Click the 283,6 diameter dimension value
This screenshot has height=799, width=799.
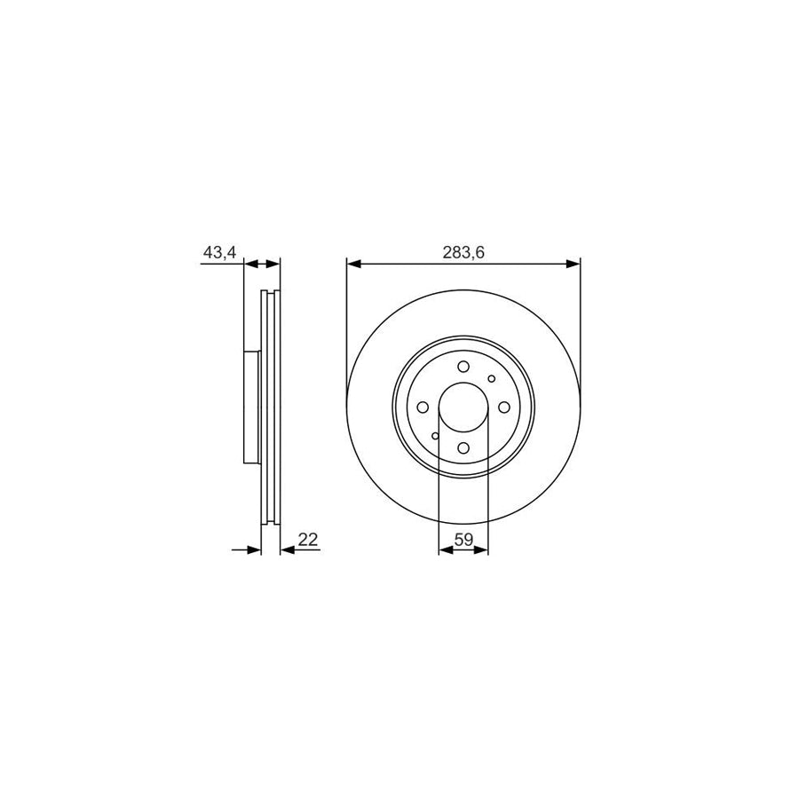tap(463, 253)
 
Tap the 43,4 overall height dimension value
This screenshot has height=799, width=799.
tap(219, 253)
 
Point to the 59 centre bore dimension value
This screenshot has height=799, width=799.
tap(463, 539)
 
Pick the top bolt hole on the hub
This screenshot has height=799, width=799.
tap(463, 368)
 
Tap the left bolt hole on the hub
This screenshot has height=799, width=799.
tap(424, 407)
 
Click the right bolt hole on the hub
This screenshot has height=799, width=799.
tap(503, 407)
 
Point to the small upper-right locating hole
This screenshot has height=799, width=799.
tap(492, 379)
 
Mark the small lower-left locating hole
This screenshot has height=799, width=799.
tap(435, 436)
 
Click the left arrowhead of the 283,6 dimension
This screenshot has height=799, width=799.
tap(352, 264)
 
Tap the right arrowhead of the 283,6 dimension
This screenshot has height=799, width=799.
tap(574, 264)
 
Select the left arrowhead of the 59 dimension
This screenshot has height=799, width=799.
tap(445, 550)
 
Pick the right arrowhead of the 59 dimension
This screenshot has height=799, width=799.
tap(483, 550)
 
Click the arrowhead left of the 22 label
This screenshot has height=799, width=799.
tap(286, 550)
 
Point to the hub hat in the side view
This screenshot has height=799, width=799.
tap(250, 407)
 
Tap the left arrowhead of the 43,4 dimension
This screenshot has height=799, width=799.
tap(249, 264)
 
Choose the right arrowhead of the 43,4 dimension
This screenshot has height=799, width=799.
tap(274, 264)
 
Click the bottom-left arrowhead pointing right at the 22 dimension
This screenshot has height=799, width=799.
tap(256, 550)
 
